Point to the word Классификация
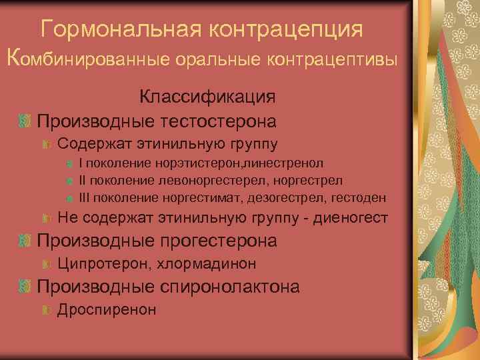(x=207, y=97)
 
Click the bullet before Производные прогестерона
(x=25, y=241)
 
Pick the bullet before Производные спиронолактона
(x=25, y=287)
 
